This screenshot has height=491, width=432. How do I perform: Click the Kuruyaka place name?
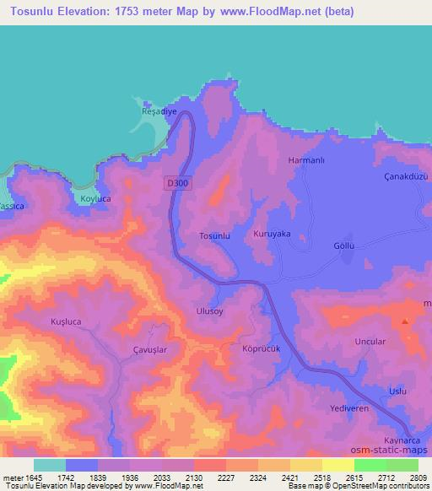[272, 234]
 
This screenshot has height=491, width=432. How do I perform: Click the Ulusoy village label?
[210, 310]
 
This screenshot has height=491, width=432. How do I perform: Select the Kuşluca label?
[65, 322]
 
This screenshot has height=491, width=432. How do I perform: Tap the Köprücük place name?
[260, 348]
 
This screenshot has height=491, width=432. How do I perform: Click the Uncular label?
[371, 342]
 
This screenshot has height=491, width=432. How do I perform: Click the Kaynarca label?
[402, 441]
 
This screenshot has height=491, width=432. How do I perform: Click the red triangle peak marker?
[406, 321]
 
